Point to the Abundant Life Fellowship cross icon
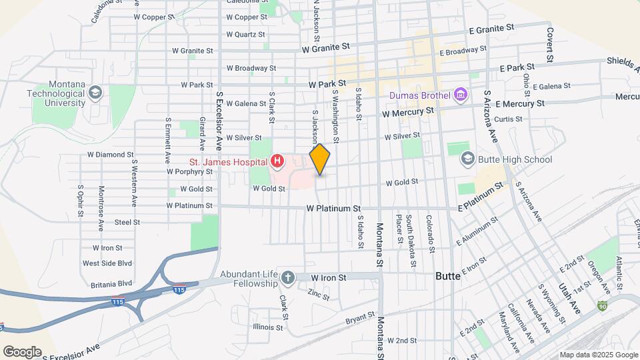pos(287,277)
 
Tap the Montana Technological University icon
pos(95,92)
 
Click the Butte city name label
pos(447,275)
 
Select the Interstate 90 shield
pos(603,306)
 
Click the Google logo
pos(22,351)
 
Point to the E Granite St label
pos(493,29)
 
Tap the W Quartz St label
pos(245,34)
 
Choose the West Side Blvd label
pos(105,263)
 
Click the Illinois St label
pos(269,327)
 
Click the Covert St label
pos(551,45)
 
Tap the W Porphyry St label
pos(189,171)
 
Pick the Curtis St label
pos(508,119)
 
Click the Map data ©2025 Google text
pos(598,355)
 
